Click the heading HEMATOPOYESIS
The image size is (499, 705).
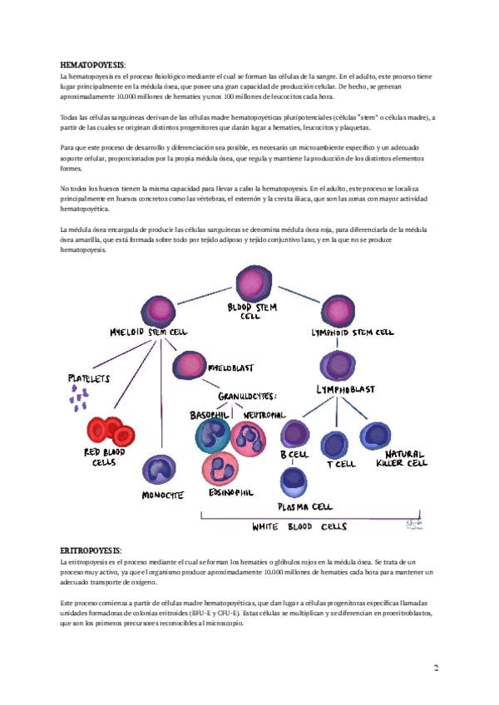coord(92,64)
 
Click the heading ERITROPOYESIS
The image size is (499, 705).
coord(91,550)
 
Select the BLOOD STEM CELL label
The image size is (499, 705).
coord(251,311)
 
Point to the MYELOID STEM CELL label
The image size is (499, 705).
coord(149,332)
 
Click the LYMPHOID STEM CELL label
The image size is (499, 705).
coord(352,333)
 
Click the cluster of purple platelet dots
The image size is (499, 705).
coord(79,401)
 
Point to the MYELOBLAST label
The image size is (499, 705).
coord(230,366)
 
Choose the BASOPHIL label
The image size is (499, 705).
coord(210,414)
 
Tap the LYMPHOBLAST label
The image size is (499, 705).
coord(345,390)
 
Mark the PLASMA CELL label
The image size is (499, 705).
coord(304,505)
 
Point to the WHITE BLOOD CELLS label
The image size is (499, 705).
coord(299,527)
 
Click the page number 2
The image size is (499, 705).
coord(437,668)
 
